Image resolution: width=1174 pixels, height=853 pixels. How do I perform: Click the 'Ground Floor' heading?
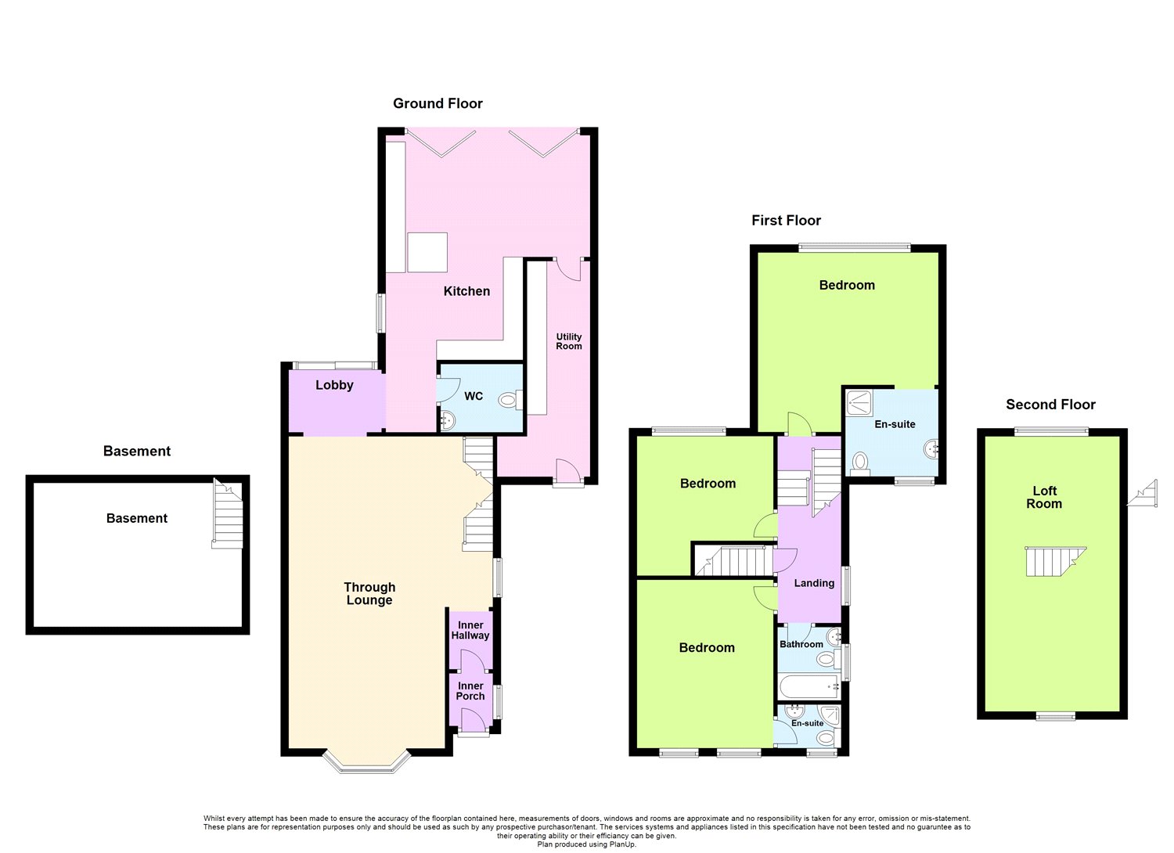[438, 103]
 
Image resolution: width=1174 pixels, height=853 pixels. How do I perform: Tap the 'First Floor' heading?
[786, 221]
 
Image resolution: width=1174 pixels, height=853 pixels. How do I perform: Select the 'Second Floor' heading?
[1050, 405]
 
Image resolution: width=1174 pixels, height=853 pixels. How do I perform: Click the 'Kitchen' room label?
[466, 291]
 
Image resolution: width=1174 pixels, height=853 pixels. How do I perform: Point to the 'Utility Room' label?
[569, 342]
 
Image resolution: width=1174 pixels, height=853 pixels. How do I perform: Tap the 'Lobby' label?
[334, 385]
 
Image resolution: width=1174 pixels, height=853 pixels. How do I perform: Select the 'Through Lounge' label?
[369, 594]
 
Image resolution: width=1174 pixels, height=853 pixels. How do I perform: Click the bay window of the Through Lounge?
[367, 762]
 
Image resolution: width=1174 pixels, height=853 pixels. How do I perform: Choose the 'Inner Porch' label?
[470, 691]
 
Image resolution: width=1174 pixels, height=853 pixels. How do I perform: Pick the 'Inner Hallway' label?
[470, 631]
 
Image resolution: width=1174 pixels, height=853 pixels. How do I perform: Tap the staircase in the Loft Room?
[1055, 561]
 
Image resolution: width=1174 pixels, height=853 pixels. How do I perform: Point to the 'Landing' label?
[814, 583]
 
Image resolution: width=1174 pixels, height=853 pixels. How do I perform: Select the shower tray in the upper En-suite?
[863, 404]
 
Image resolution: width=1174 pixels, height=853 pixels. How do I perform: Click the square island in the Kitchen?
[427, 252]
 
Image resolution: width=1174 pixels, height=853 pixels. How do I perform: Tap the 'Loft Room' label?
[1044, 498]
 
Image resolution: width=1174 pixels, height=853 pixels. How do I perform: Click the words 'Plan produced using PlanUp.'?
[587, 844]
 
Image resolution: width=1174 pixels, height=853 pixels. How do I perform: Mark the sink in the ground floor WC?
[447, 421]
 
